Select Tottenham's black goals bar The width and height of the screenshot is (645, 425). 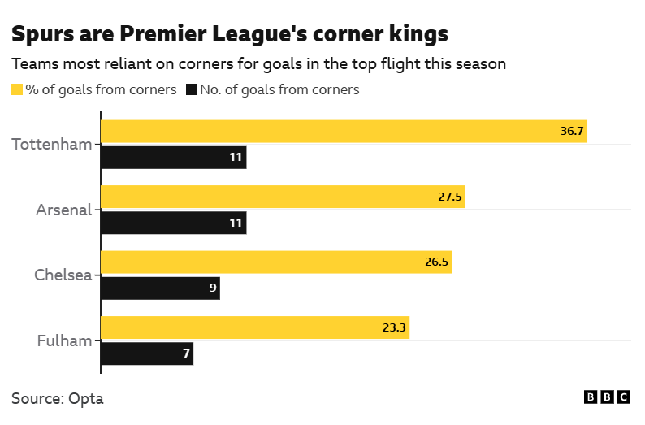(172, 158)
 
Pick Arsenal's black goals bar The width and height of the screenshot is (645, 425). (172, 223)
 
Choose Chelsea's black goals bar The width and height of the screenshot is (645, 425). (159, 288)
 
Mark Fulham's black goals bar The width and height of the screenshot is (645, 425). (146, 353)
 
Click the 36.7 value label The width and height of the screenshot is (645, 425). (572, 132)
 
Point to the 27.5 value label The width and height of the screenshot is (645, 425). (450, 197)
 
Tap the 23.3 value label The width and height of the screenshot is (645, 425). (394, 327)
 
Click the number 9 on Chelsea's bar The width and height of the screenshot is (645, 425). (212, 288)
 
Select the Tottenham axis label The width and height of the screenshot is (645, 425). (52, 145)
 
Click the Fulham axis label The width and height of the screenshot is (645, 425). (65, 340)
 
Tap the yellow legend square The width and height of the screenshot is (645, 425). (17, 89)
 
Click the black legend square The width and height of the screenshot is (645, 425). (192, 89)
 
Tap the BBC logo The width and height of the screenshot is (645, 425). (607, 397)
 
